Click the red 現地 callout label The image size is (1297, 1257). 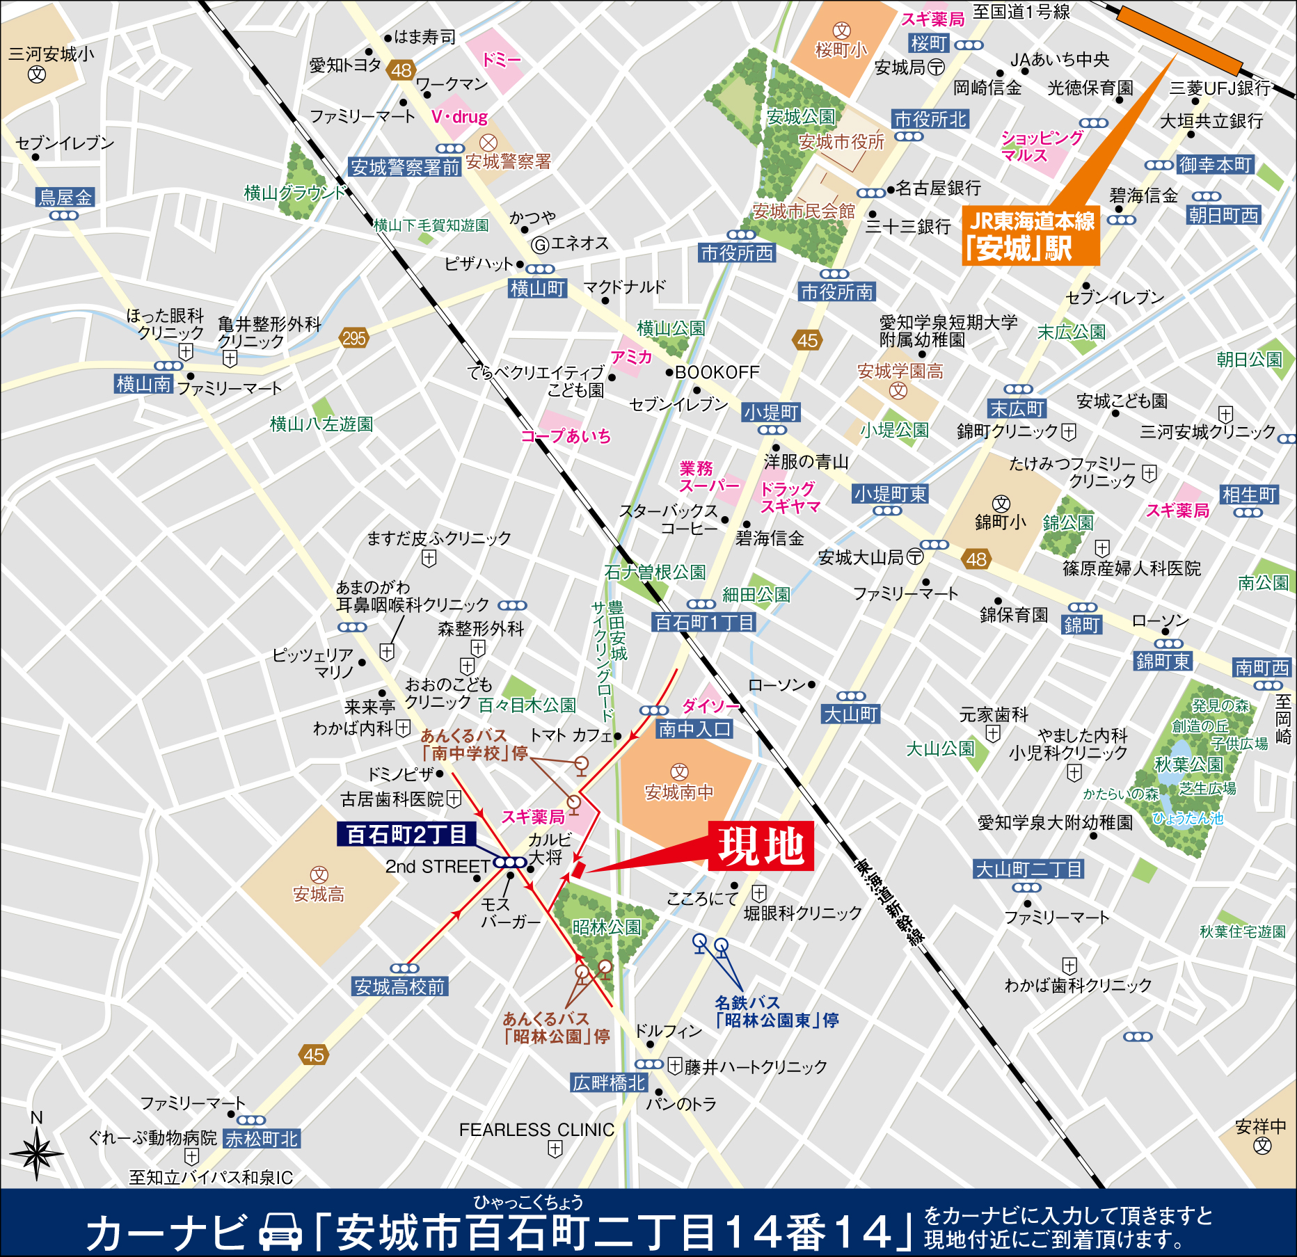761,846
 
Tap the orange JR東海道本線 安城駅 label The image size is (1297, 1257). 1031,236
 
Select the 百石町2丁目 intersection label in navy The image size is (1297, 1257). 406,834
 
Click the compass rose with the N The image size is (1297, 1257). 36,1153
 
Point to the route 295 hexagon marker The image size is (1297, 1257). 354,339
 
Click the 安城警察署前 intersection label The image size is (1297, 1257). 405,167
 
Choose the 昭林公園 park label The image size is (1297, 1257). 606,927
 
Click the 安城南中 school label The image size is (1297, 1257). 679,792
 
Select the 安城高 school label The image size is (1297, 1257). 319,894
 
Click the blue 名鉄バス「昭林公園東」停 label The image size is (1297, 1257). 777,1012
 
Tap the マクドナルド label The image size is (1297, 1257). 624,287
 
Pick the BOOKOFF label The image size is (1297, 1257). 717,372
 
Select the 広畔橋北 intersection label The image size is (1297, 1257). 609,1082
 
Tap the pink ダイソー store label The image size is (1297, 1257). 710,705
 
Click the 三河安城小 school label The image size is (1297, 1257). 51,54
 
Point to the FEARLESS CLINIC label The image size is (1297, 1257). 536,1130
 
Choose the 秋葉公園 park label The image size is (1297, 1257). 1188,764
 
